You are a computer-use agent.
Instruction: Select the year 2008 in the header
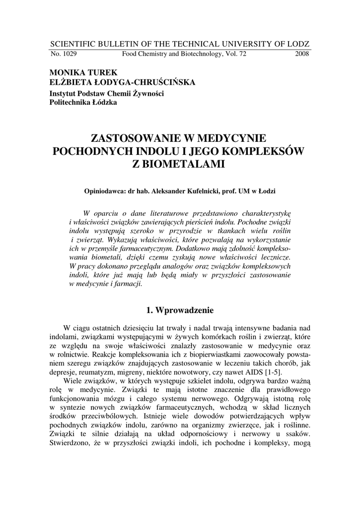(301, 54)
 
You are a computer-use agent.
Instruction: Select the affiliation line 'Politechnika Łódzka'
(83, 103)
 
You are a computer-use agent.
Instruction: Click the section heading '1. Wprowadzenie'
(180, 311)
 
